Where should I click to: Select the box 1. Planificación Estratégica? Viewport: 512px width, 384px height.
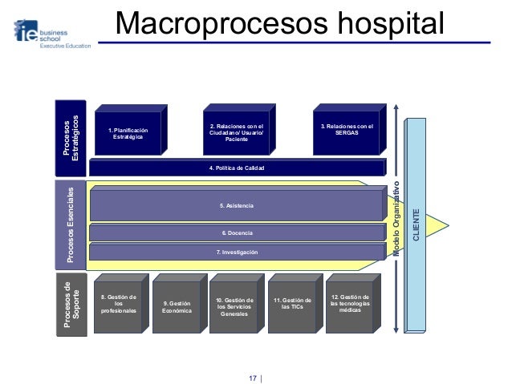(128, 133)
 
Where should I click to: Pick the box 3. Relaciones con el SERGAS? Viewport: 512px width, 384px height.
(347, 129)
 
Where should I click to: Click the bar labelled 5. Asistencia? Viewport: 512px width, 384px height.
(237, 207)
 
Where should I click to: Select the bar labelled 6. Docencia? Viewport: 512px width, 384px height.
(237, 232)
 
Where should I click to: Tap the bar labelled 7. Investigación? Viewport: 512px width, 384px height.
(237, 253)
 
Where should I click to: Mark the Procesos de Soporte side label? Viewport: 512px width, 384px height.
(70, 302)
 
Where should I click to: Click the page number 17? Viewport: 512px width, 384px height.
(253, 377)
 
